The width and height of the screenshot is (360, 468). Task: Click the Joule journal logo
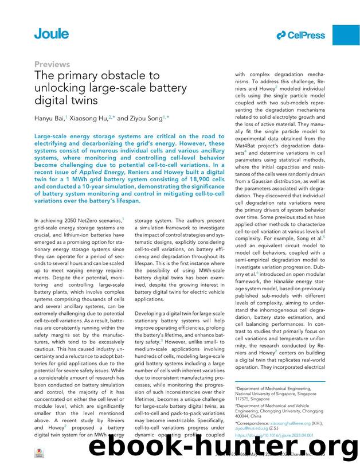51,34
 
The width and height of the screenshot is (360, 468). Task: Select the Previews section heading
52,64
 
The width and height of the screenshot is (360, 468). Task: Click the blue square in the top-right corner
346,35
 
